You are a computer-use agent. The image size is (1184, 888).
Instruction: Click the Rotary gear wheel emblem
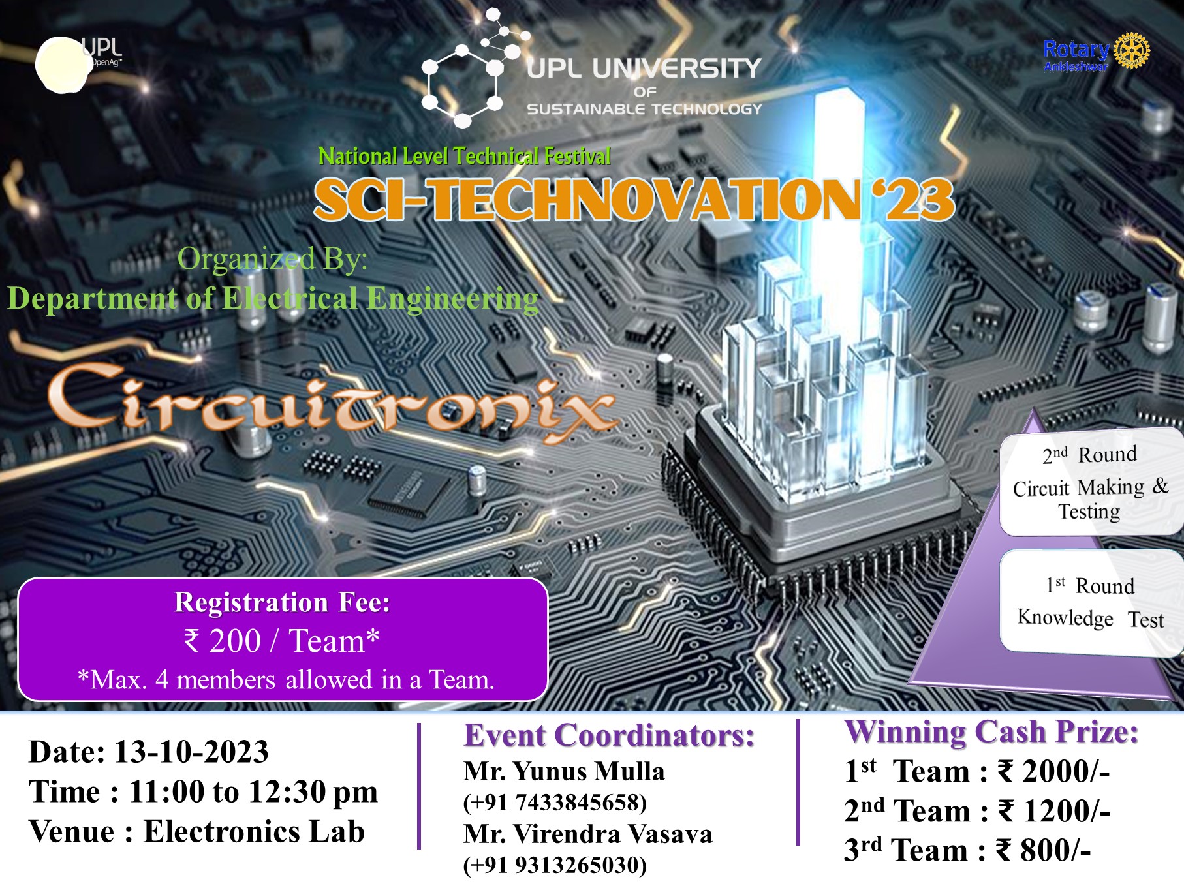[1132, 50]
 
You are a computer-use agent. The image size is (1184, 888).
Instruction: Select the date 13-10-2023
[191, 752]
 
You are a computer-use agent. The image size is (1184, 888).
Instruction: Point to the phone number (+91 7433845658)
[555, 802]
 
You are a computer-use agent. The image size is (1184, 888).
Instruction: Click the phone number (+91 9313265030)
[555, 865]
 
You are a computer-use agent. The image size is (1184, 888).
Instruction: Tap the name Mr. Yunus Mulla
[564, 771]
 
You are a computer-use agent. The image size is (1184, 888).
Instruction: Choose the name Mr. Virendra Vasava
[587, 834]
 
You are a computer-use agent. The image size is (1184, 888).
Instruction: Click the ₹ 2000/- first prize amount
[1053, 771]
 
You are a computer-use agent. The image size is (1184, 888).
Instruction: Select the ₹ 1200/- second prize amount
[1054, 811]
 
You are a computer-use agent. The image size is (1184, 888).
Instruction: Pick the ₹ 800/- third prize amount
[1043, 850]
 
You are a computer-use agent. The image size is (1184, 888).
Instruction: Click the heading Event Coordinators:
[609, 735]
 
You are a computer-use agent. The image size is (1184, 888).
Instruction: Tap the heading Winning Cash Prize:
[991, 731]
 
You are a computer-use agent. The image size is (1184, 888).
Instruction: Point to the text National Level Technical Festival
[464, 157]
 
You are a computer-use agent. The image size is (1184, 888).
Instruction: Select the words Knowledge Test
[1090, 618]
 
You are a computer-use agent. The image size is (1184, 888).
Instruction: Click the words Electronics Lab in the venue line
[254, 832]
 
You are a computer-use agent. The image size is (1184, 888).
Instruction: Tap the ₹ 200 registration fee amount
[223, 641]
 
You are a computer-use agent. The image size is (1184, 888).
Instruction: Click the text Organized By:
[272, 259]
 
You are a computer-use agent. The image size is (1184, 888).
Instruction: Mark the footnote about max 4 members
[285, 680]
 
